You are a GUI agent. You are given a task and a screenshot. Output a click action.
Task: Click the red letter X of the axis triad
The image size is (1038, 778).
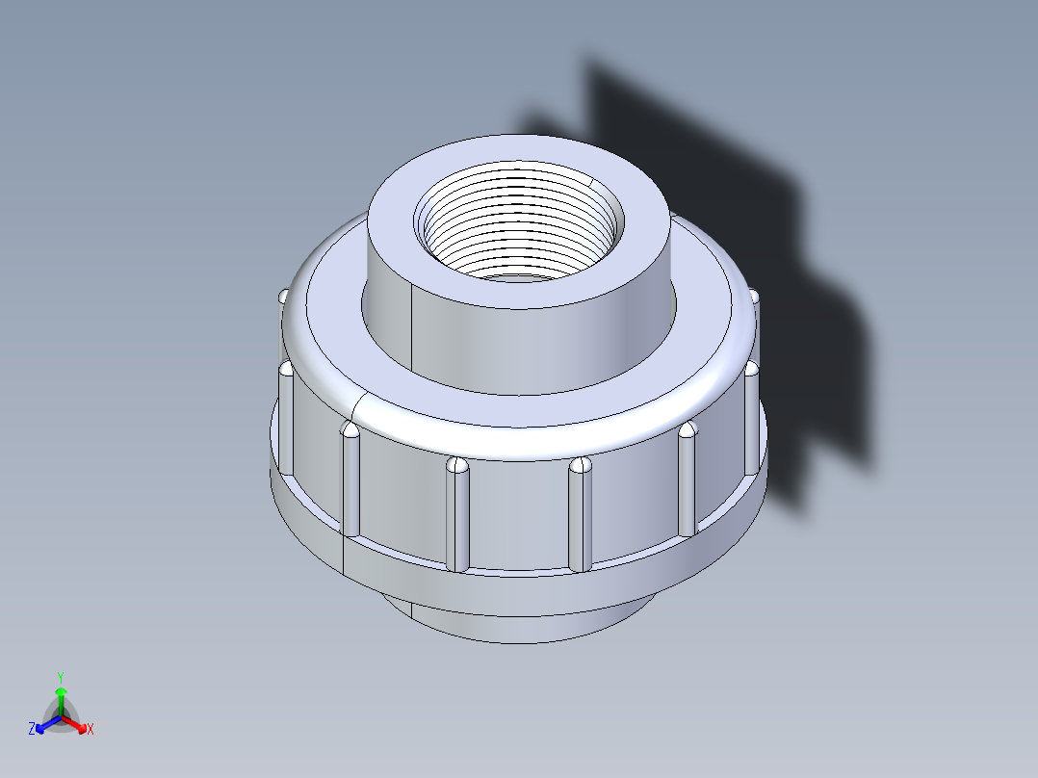coord(91,730)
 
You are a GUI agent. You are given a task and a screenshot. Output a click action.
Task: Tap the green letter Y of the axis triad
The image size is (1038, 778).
coord(60,677)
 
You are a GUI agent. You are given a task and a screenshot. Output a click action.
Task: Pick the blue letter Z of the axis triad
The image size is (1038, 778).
coord(32,730)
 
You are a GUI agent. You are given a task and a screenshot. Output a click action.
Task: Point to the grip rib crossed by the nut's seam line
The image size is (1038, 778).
coord(350,481)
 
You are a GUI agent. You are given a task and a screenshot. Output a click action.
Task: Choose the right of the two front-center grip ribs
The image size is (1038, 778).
coord(579,515)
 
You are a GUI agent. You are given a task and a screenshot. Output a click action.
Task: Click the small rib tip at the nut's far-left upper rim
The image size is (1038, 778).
coord(283,296)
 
